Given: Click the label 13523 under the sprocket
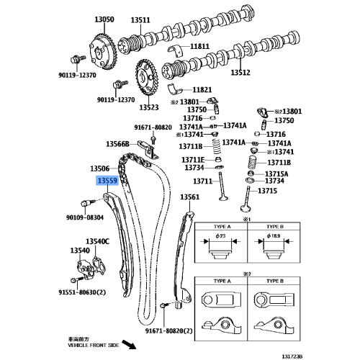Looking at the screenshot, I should [x=148, y=107].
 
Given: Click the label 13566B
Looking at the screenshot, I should [x=117, y=144].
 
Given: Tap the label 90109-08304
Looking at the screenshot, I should [x=85, y=217].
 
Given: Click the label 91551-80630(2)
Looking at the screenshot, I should [x=82, y=292].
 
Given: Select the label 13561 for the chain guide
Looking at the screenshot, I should [x=189, y=197].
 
